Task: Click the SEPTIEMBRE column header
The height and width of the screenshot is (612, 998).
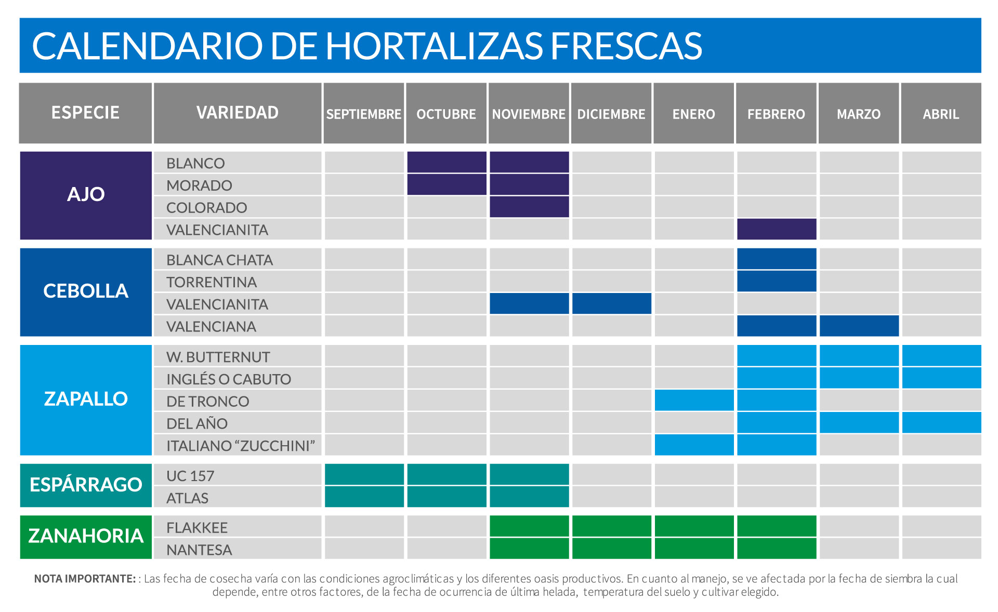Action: pos(364,114)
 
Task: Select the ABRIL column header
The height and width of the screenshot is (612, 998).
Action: pos(941,114)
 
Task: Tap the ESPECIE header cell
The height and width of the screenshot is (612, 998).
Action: pos(85,113)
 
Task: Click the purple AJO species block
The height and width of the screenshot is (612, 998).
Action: pos(86,195)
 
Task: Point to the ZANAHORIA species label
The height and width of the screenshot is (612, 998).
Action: pos(86,536)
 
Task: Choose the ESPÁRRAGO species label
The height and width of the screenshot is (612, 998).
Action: pos(86,485)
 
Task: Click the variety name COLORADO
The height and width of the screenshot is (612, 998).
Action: pos(206,207)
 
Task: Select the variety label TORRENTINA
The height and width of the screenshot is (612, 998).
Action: pos(211,282)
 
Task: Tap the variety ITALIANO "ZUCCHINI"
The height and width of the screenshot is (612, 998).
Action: pos(241,446)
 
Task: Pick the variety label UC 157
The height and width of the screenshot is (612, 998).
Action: pos(190,476)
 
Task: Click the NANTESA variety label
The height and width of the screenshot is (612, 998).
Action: pos(199,550)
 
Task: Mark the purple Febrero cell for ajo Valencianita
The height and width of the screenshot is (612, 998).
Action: pos(777,229)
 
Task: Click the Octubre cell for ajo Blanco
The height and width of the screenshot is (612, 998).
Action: pos(447,162)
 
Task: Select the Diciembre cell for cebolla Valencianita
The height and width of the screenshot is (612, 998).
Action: pos(611,303)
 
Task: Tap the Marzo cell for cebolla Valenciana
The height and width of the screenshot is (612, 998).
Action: pos(859,326)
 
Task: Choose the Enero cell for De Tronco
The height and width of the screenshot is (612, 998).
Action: pos(694,400)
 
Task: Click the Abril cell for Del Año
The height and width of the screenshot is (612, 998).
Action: pos(941,422)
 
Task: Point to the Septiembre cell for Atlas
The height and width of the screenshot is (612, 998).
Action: pos(364,497)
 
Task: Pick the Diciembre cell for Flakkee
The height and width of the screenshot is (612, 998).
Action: pos(611,526)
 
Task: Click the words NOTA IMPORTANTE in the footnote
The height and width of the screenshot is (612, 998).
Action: pos(85,579)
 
